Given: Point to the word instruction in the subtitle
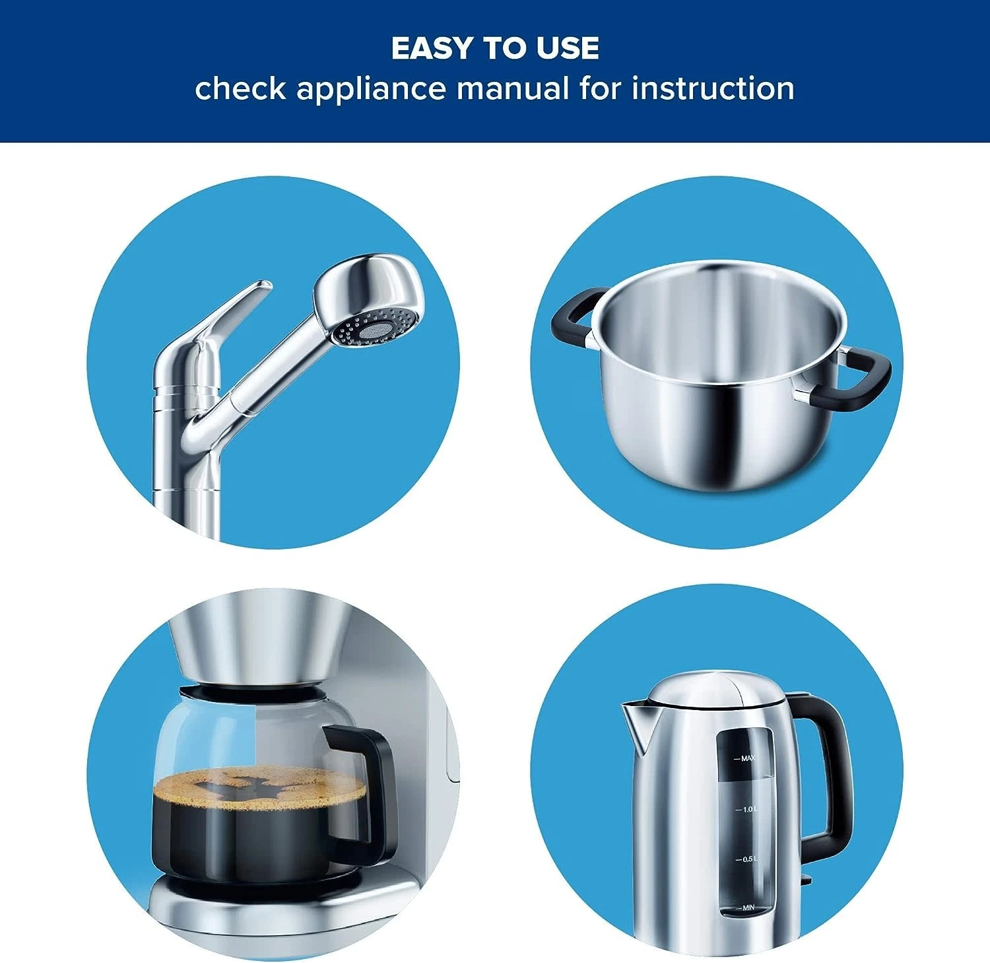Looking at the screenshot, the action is click(x=713, y=89).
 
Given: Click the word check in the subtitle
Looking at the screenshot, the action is click(x=240, y=89).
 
